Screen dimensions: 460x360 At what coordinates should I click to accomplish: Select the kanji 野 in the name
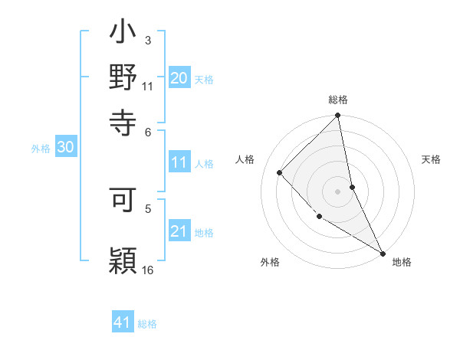(123, 78)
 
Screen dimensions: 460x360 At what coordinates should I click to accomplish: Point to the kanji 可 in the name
(123, 198)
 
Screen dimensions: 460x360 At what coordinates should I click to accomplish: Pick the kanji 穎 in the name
(123, 258)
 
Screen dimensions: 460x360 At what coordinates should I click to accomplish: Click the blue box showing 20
(179, 78)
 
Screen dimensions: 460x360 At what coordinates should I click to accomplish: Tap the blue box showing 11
(179, 162)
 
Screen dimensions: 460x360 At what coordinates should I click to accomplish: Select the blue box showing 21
(179, 231)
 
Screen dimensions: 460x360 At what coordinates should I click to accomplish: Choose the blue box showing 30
(65, 148)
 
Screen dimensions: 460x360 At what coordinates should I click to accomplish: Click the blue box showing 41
(123, 322)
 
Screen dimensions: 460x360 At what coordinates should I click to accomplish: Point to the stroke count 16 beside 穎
(148, 270)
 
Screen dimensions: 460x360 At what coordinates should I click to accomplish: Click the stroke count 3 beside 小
(148, 40)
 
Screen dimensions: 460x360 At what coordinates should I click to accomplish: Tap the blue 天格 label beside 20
(204, 79)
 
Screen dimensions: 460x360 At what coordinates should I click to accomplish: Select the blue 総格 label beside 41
(147, 324)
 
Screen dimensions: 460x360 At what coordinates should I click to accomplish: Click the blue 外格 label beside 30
(41, 149)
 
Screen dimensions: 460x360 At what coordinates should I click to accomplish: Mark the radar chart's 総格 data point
(338, 116)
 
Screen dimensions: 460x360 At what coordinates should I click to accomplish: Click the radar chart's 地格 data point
(382, 253)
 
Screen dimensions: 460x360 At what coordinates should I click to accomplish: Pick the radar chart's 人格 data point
(280, 172)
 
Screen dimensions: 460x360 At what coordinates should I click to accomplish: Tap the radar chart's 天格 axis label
(431, 159)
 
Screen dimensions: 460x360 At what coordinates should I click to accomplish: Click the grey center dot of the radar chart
(338, 191)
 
